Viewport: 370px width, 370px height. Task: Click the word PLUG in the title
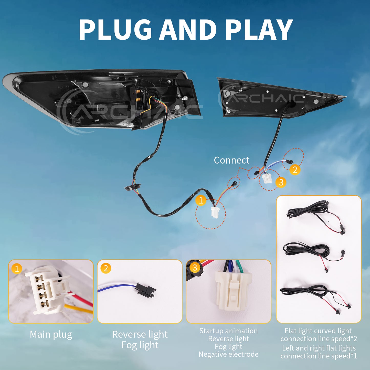[x=115, y=29]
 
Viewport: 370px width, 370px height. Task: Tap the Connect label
[x=231, y=160]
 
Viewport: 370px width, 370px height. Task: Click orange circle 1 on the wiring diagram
[x=201, y=200]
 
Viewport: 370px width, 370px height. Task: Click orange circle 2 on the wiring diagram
[x=295, y=170]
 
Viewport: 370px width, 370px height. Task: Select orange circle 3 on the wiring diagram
[x=281, y=182]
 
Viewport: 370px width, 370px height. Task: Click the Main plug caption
[x=51, y=335]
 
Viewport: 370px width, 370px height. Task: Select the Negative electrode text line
[x=228, y=354]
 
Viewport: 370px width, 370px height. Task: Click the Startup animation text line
[x=228, y=331]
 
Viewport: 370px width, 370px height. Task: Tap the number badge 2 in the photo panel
[x=106, y=268]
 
